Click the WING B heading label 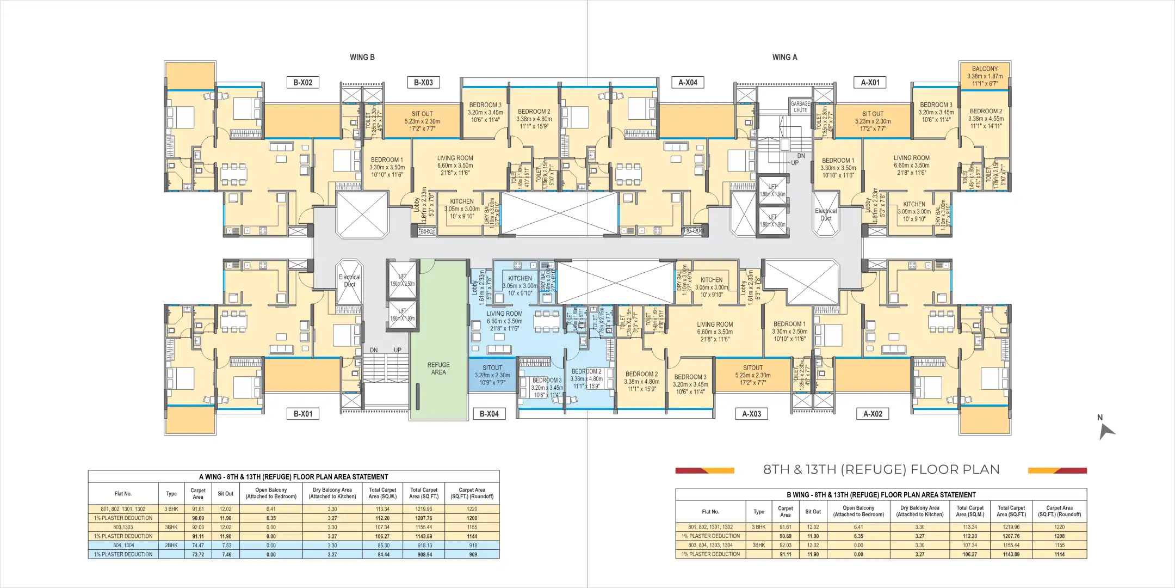pos(362,57)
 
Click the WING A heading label pos(784,57)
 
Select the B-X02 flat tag pos(303,83)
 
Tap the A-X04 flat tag pos(688,83)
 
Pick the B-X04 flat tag pos(489,414)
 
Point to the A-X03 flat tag pos(752,414)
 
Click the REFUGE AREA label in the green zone pos(438,369)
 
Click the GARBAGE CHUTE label pos(800,107)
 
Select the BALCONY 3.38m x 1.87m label pos(985,76)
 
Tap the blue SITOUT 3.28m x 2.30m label pos(492,375)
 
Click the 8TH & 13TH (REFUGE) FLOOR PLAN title pos(881,470)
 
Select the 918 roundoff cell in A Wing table pos(472,545)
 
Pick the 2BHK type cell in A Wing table pos(171,545)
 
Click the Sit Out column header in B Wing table pos(813,512)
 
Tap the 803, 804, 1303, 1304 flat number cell pos(710,545)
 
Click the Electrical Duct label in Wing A pos(825,215)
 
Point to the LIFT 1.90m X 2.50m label pos(402,280)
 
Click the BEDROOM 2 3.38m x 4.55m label pos(986,119)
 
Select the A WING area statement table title pos(294,477)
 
